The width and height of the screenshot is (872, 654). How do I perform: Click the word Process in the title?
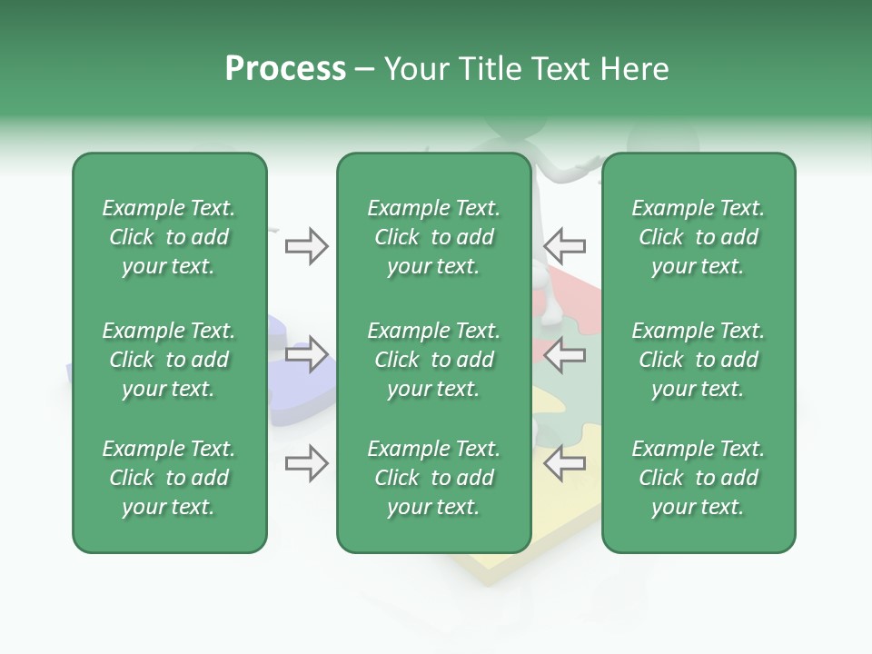(x=285, y=69)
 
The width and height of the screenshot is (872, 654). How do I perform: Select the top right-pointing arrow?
(x=306, y=246)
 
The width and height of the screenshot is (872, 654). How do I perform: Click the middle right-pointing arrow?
(x=306, y=354)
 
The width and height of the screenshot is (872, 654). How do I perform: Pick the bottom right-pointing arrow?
(x=306, y=463)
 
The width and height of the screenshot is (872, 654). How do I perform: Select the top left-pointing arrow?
(x=565, y=246)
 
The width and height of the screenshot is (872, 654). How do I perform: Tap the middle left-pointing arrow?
(x=565, y=354)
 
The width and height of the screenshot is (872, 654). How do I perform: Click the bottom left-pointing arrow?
(x=565, y=463)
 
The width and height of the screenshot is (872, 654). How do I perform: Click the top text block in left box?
(x=169, y=237)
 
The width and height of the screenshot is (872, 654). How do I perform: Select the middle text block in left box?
(x=169, y=360)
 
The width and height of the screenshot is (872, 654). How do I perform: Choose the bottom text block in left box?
(x=169, y=478)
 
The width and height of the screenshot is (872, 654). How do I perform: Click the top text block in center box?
(x=433, y=237)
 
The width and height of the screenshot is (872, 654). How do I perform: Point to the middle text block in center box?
(x=433, y=360)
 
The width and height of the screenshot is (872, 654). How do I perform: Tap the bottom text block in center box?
(x=433, y=478)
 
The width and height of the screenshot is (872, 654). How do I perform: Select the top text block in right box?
(x=699, y=237)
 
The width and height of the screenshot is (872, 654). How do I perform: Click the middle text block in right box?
(x=699, y=360)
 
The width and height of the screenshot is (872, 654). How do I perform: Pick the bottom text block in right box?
(x=699, y=478)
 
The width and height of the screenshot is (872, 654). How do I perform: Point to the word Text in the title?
(x=561, y=69)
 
